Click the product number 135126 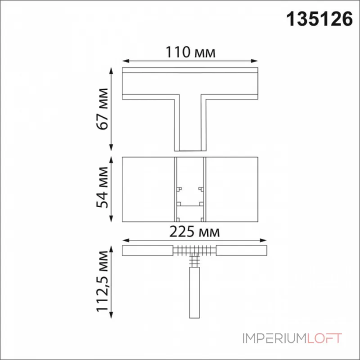[x=319, y=19]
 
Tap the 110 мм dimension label [x=190, y=52]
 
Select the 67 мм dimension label [x=103, y=109]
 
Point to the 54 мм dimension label [x=103, y=188]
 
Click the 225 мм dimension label [x=194, y=232]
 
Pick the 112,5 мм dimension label [x=103, y=282]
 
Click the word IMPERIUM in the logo [x=274, y=338]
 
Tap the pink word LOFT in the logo [x=324, y=338]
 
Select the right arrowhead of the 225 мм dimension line [x=263, y=240]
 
